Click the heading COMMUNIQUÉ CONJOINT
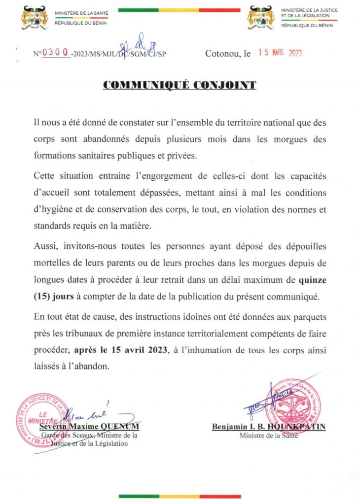coord(180,85)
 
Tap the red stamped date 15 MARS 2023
coord(280,53)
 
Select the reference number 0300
coord(56,53)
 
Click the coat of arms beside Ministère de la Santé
coord(35,18)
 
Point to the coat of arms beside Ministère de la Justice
coord(261,18)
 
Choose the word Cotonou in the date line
coord(222,54)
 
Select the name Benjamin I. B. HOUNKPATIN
coord(269,427)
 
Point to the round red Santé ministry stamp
coord(293,405)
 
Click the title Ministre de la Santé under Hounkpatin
coord(269,436)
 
